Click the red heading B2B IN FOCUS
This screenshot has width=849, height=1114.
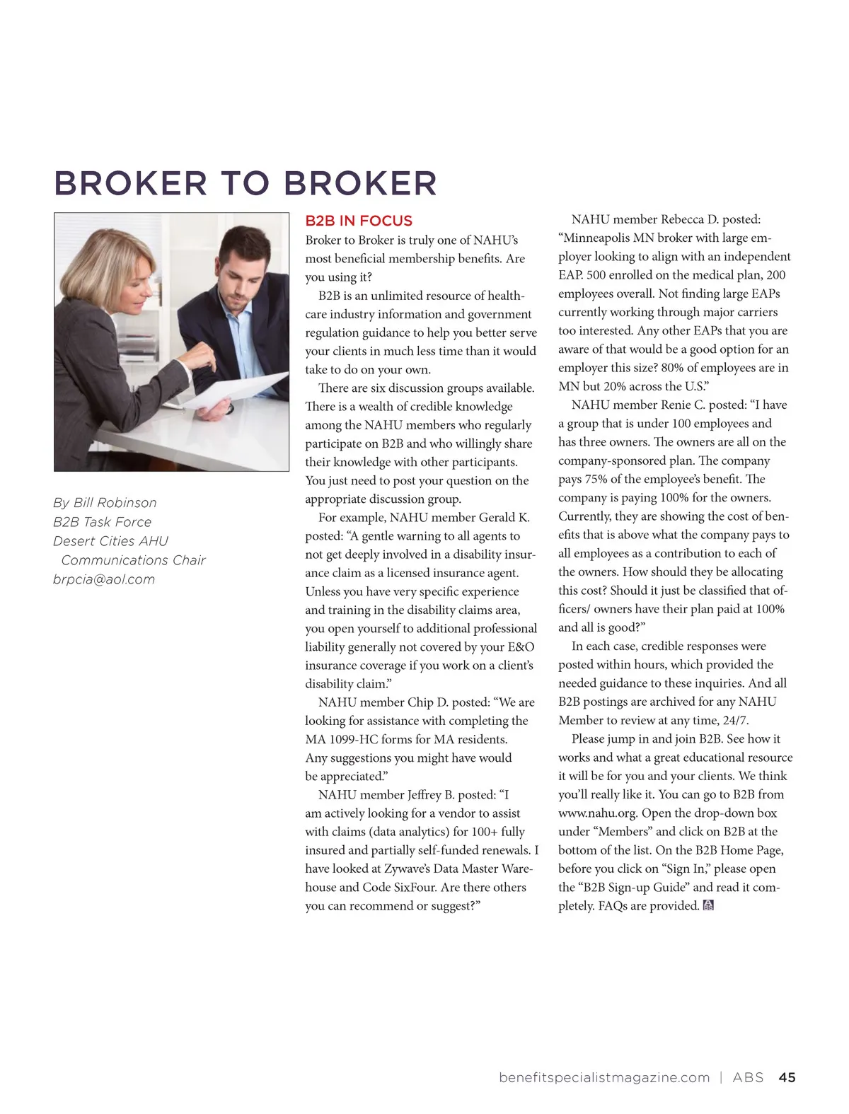[359, 221]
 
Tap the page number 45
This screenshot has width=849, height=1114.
[787, 1077]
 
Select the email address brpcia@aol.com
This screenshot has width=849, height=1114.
[104, 579]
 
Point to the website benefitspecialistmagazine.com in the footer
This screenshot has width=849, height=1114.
[604, 1077]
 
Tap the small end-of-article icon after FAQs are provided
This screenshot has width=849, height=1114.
[708, 905]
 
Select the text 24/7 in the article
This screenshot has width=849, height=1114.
[735, 721]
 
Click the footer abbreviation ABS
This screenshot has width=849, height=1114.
[748, 1077]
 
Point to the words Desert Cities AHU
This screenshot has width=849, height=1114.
[111, 541]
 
